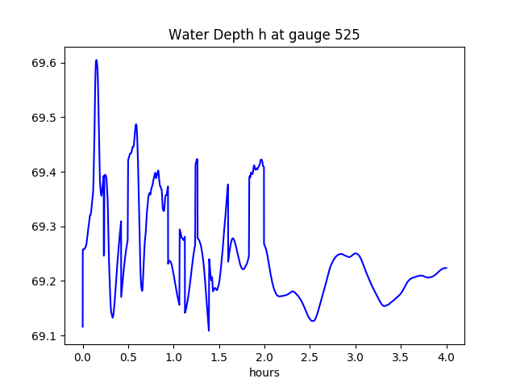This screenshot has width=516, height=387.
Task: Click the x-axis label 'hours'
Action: coord(264,373)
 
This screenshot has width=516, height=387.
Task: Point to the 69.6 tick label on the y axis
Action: coord(41,63)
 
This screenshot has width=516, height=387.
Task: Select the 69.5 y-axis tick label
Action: coord(41,118)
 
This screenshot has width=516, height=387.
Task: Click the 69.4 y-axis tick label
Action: coord(41,173)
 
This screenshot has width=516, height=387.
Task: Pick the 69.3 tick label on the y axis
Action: coord(41,227)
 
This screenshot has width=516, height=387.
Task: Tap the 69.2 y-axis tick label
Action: coord(41,281)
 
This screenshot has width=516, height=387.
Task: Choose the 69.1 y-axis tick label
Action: coord(41,336)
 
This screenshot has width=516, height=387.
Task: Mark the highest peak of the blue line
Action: coord(96,60)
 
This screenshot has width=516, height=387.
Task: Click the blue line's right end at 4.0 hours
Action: coord(446,268)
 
